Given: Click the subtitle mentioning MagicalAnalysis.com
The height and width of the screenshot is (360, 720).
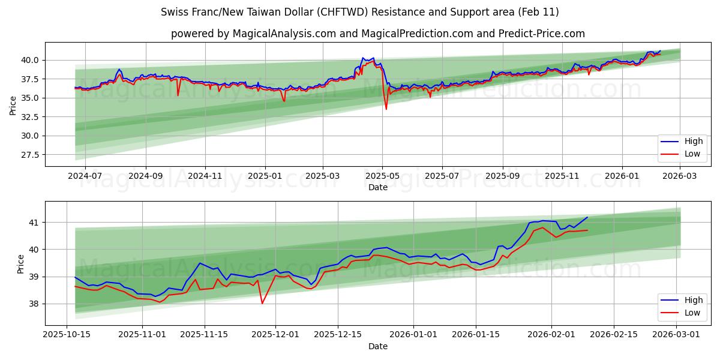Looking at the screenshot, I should click(377, 34).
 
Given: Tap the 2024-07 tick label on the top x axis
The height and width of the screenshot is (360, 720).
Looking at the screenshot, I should click(85, 176).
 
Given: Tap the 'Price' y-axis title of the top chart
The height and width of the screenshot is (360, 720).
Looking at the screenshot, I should click(13, 105).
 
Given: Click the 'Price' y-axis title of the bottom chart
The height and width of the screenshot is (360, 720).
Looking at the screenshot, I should click(21, 263).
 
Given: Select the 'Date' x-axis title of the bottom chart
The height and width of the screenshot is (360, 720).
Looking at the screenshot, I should click(377, 346).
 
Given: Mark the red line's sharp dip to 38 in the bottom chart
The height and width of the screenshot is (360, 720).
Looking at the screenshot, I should click(262, 303).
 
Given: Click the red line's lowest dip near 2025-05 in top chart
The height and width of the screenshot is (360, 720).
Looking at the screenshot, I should click(386, 109).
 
